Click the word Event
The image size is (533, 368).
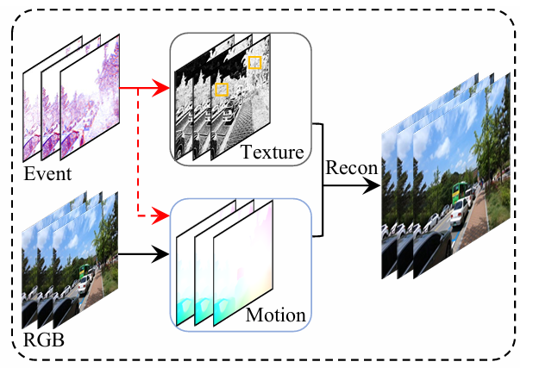coord(47,175)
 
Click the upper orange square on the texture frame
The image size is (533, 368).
coord(254,63)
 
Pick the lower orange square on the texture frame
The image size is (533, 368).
coord(222,89)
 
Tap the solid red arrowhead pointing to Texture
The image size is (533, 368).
coord(162,87)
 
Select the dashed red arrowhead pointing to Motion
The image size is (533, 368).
coord(162,212)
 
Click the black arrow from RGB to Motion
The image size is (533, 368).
coord(142,254)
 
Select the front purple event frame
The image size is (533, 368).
coord(91,95)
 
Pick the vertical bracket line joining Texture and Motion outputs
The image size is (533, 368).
coord(323,179)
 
